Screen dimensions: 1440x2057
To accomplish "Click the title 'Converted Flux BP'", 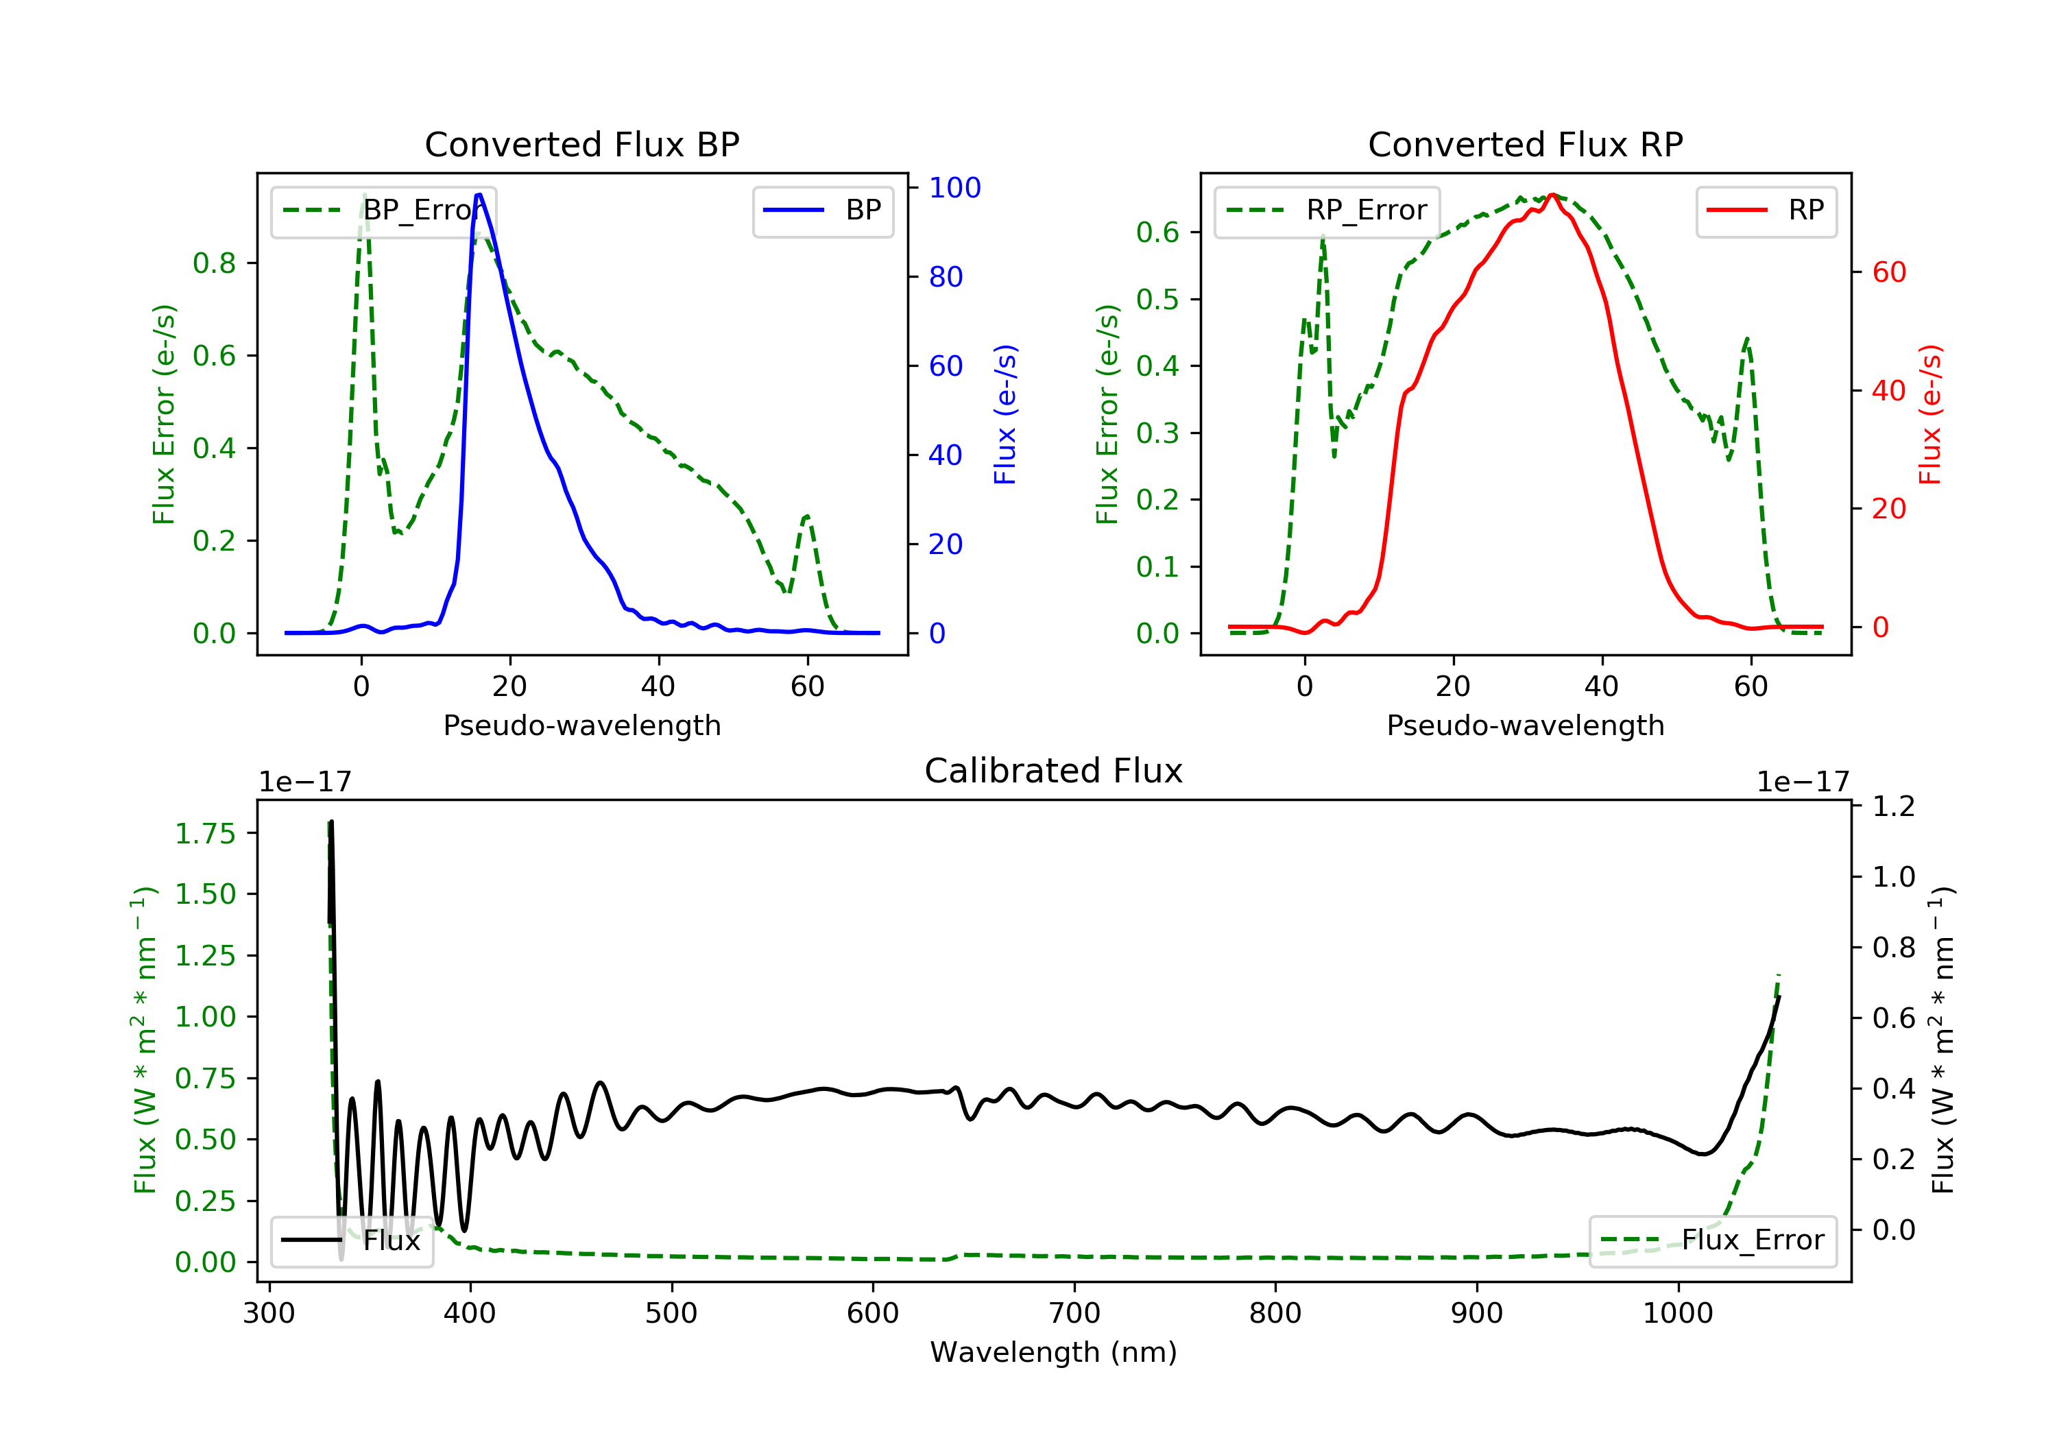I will [x=581, y=144].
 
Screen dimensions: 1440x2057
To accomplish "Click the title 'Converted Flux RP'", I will [x=1525, y=144].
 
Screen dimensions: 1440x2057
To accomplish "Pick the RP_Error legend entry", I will [x=1327, y=211].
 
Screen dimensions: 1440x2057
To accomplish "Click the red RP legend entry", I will [x=1766, y=211].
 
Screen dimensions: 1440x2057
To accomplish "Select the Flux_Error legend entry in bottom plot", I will [x=1712, y=1240].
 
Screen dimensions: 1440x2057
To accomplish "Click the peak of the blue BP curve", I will [x=479, y=195].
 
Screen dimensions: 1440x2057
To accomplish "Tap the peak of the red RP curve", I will [x=1552, y=195].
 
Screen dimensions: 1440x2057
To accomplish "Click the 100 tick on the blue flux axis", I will [x=954, y=187].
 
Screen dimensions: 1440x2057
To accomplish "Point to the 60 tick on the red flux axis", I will [x=1888, y=272].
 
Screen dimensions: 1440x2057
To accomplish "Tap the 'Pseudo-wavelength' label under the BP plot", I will [x=581, y=725].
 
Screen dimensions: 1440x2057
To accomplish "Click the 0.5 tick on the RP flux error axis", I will [x=1157, y=298].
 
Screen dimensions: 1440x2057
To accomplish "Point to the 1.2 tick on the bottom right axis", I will [x=1894, y=806].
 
